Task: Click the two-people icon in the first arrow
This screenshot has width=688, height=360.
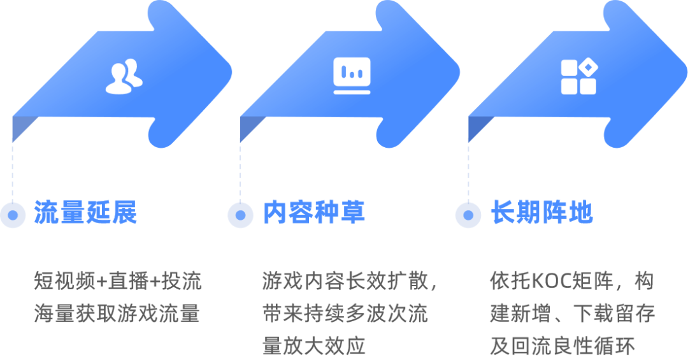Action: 124,76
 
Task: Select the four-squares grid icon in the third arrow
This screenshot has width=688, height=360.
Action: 578,76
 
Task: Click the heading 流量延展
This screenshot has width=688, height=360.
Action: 86,213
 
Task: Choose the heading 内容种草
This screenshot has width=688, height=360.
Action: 314,213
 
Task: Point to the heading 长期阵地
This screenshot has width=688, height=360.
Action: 541,213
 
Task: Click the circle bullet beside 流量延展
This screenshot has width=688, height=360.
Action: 12,215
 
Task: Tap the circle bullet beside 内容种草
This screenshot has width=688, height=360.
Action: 240,215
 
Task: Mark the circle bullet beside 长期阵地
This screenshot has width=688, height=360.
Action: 468,215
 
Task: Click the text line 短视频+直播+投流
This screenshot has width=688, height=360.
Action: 118,281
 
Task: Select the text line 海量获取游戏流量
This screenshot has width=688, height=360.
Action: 118,314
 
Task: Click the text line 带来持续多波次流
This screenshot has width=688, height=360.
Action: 345,314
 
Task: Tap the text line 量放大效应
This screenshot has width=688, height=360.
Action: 314,347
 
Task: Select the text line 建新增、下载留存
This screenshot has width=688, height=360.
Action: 572,314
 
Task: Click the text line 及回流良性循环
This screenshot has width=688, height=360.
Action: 563,347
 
